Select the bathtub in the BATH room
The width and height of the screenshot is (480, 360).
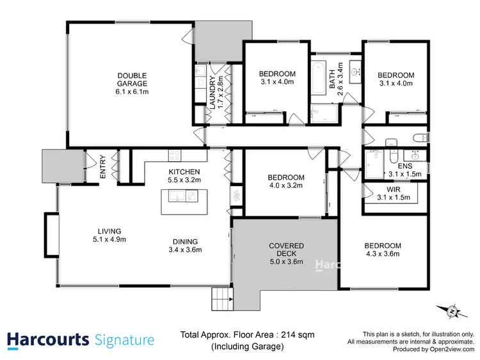pos(318,80)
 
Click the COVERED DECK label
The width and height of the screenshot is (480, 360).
pos(286,249)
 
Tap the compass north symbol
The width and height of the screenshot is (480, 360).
pos(451,311)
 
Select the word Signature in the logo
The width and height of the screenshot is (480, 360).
pos(124,340)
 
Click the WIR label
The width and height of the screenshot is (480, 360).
pos(385,189)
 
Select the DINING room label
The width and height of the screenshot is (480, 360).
pos(184,241)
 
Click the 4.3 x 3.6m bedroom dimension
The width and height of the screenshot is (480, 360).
pos(383,254)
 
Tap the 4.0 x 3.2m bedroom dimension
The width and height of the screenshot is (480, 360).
pos(285,185)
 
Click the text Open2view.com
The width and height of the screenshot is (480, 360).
pos(453,350)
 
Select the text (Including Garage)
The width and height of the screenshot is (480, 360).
pos(248,347)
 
